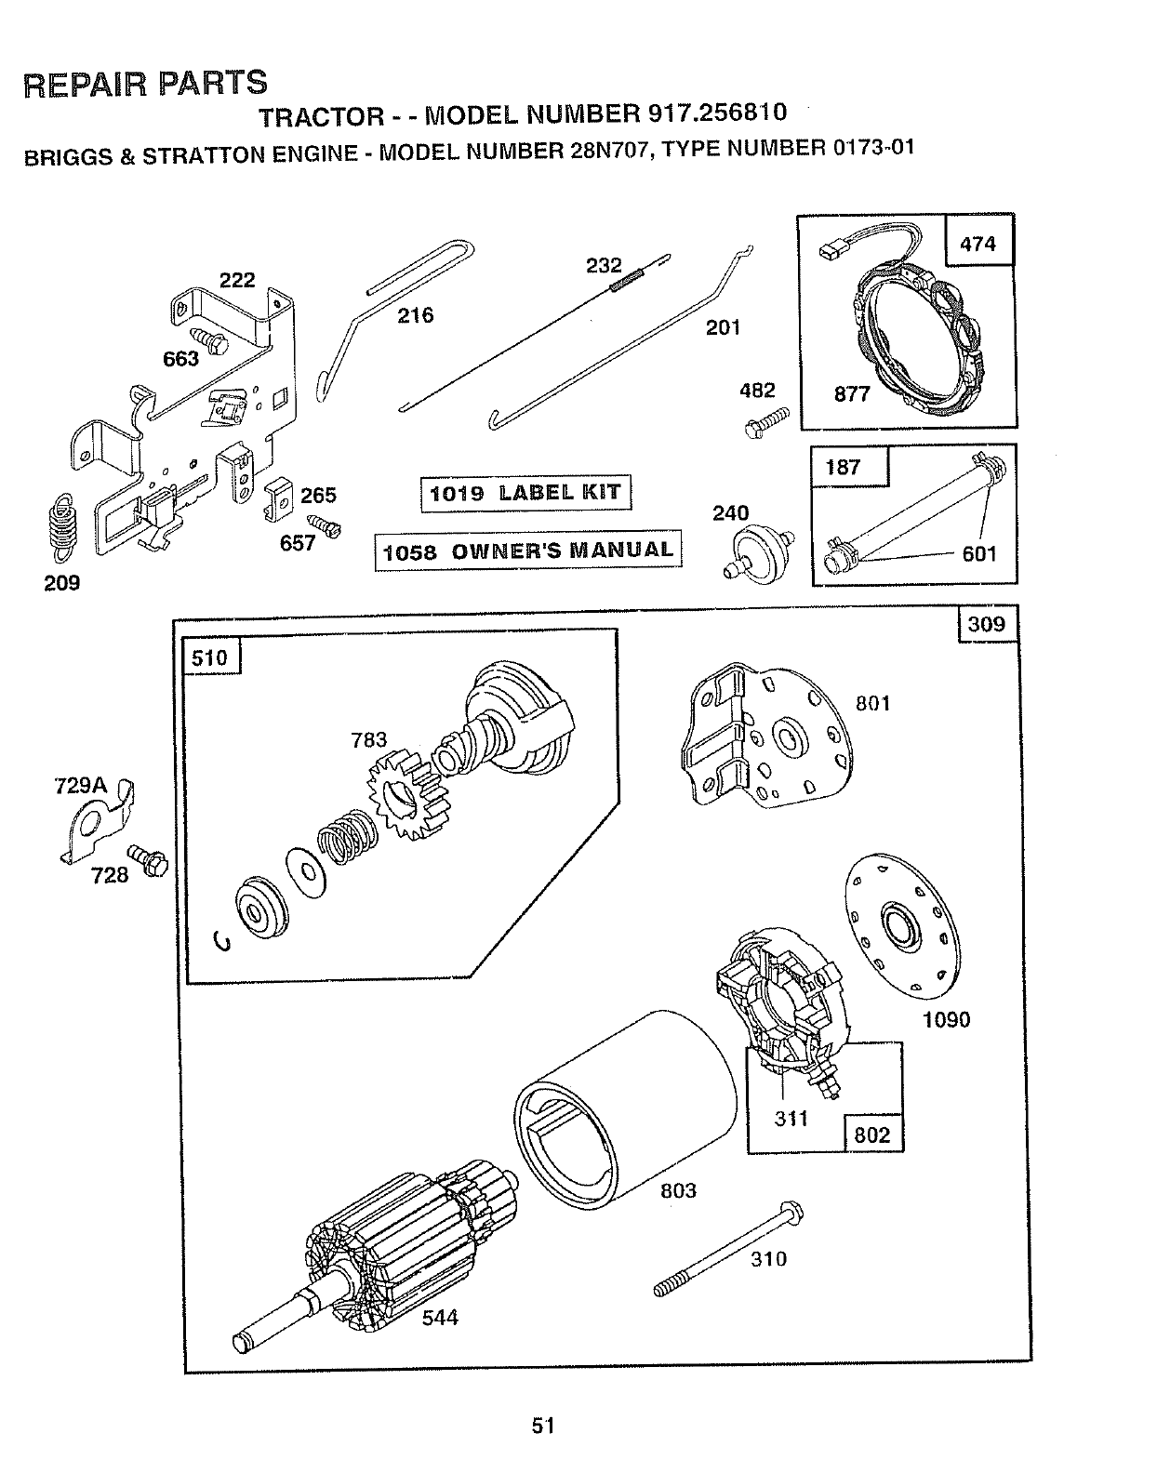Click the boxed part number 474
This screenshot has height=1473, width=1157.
tap(977, 244)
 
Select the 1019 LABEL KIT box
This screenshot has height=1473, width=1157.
tap(525, 493)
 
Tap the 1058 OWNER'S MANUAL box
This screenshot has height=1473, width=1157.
tap(527, 551)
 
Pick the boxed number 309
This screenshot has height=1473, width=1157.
tap(987, 623)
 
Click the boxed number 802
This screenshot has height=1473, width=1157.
tap(871, 1135)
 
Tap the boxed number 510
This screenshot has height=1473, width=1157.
tap(209, 658)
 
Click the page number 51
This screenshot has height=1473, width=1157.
tap(544, 1425)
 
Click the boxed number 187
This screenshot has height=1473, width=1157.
tap(843, 467)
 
